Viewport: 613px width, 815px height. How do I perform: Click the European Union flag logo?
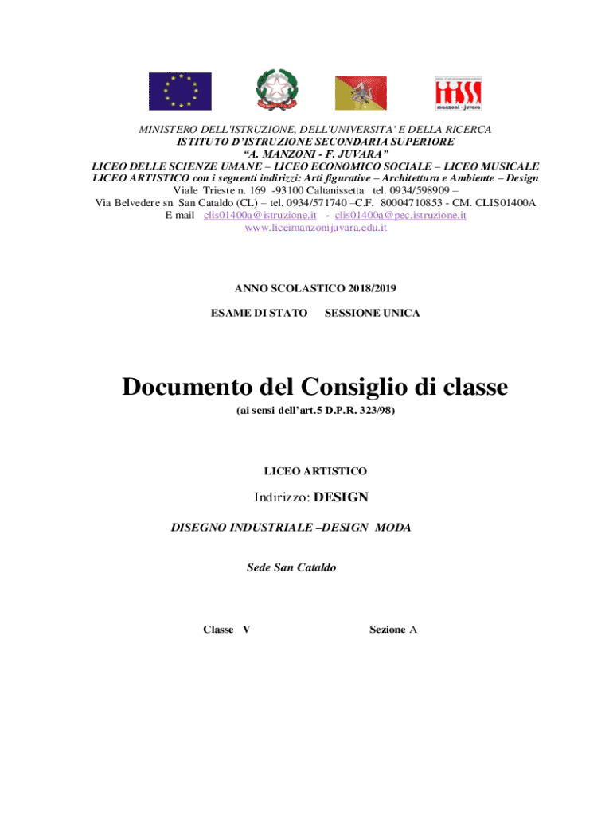pos(180,91)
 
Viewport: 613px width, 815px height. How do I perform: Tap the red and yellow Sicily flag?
pos(360,92)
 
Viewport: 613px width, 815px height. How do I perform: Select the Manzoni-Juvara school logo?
pos(459,92)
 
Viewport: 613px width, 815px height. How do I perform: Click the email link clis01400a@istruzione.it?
pos(260,215)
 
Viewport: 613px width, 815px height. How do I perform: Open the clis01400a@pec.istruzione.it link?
pos(400,215)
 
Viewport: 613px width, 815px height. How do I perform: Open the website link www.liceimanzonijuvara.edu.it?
pos(315,228)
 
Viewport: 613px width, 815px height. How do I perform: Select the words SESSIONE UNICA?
pos(372,313)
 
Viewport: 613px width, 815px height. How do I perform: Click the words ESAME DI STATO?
pos(259,313)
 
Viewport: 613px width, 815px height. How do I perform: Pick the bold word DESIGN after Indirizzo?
pos(341,497)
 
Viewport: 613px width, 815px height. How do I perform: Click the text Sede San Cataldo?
pos(291,567)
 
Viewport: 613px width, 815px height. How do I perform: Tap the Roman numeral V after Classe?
pos(246,630)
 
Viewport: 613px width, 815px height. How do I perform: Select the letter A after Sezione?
pos(413,630)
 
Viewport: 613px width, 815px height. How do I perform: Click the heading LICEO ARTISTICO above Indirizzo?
pos(315,471)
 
